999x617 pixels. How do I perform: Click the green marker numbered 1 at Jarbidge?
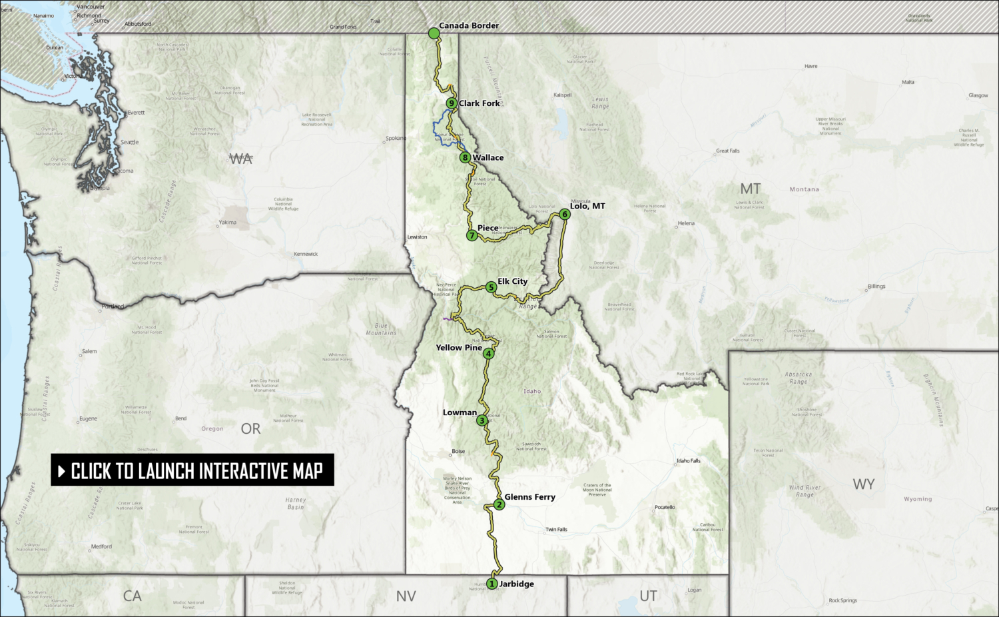(x=492, y=584)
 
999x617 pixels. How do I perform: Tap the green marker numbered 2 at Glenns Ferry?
(x=499, y=504)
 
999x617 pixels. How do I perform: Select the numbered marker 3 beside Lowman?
(x=482, y=420)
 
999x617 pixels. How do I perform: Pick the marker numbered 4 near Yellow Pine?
(x=489, y=354)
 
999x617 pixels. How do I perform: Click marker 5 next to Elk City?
(x=491, y=287)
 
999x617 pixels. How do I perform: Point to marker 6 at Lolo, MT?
(x=565, y=214)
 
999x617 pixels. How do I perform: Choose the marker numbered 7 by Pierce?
(x=472, y=235)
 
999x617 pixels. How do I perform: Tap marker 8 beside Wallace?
(x=465, y=158)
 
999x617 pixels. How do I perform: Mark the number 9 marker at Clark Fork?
(x=452, y=103)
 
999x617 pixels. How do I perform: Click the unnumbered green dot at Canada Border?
(x=434, y=33)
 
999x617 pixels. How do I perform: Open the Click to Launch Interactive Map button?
(x=192, y=470)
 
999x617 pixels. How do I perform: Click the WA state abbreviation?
(x=241, y=159)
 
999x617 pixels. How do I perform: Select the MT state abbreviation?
(x=750, y=189)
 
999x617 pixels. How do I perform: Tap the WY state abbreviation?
(x=863, y=484)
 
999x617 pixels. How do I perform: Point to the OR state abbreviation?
(x=251, y=429)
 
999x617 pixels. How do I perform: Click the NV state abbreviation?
(x=406, y=596)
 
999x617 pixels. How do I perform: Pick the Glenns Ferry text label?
(x=529, y=497)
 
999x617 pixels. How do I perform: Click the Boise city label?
(x=458, y=452)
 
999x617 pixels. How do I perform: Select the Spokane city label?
(x=395, y=139)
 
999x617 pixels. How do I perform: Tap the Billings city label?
(x=876, y=287)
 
